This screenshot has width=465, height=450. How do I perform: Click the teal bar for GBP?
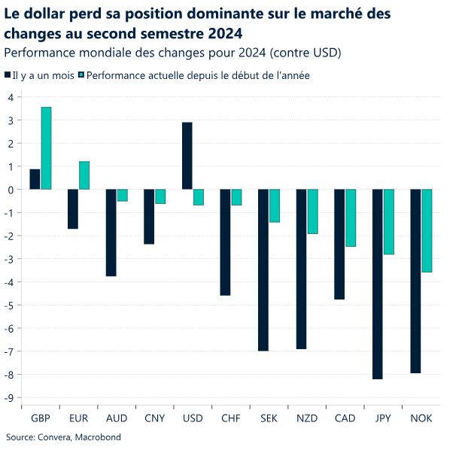[47, 148]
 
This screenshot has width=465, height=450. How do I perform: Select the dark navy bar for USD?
[187, 156]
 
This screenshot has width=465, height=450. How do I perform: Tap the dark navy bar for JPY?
[378, 284]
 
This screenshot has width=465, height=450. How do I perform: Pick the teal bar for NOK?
[427, 230]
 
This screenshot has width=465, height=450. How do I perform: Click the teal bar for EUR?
[84, 175]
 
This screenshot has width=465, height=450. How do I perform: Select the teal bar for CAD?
[351, 217]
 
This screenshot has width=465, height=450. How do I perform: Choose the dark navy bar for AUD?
[111, 233]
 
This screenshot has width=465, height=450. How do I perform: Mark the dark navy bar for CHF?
[225, 242]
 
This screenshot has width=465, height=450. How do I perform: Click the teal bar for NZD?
[312, 211]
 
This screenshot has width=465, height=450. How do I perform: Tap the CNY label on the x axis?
[155, 418]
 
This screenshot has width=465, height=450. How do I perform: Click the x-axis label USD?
[193, 418]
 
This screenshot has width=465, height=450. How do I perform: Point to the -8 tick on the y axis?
[10, 375]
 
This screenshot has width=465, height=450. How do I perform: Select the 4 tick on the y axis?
[11, 97]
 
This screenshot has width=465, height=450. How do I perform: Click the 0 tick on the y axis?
[11, 190]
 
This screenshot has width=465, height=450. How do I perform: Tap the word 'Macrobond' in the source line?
[96, 437]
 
